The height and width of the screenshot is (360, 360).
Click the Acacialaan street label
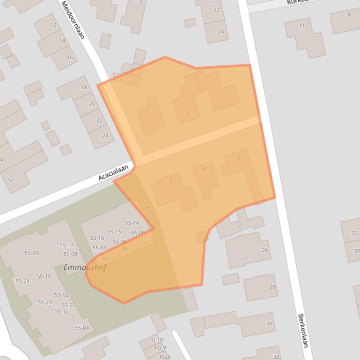click(x=113, y=174)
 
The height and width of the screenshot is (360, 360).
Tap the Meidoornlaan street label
click(x=73, y=19)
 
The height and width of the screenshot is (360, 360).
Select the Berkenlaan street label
click(x=303, y=330)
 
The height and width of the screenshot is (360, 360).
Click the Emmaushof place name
click(x=85, y=268)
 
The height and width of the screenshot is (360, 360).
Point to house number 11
click(x=301, y=25)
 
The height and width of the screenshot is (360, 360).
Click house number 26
click(x=265, y=251)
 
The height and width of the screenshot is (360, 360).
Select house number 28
click(x=272, y=287)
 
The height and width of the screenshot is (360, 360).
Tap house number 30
click(x=269, y=324)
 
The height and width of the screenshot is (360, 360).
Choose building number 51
click(x=11, y=180)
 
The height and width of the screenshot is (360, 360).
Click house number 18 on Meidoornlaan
click(x=84, y=87)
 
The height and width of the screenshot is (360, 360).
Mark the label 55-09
click(x=31, y=253)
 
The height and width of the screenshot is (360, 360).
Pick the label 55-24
click(x=22, y=281)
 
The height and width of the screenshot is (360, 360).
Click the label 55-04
click(x=81, y=328)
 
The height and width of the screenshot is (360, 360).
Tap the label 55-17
click(x=66, y=245)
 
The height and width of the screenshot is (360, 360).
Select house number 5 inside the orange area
click(x=225, y=101)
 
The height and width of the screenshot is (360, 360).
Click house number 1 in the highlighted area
click(x=149, y=125)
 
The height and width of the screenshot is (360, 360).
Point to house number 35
click(x=353, y=233)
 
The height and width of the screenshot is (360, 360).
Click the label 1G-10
click(x=156, y=339)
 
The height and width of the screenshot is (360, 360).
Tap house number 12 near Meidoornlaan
click(x=53, y=25)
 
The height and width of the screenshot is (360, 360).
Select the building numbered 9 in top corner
click(x=348, y=15)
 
